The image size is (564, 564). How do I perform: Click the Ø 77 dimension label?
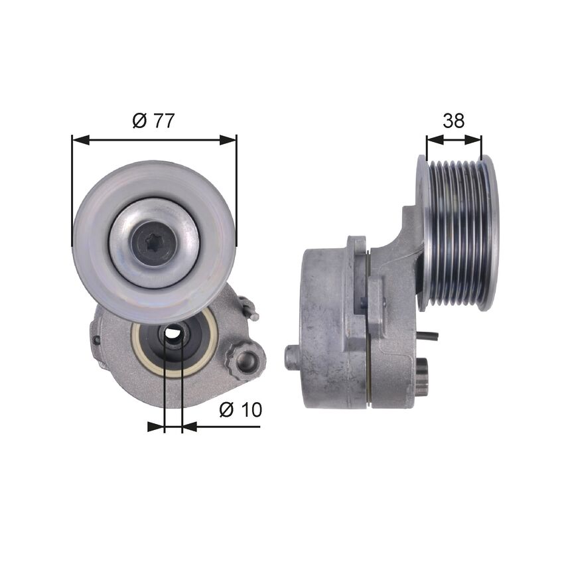153,121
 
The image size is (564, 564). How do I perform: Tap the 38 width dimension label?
454,121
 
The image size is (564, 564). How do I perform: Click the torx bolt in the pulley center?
154,244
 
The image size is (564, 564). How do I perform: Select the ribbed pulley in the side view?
458,232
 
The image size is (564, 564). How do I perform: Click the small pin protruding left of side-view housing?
292,357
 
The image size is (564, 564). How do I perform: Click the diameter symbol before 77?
139,121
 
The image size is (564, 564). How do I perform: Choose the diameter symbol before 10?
226,410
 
